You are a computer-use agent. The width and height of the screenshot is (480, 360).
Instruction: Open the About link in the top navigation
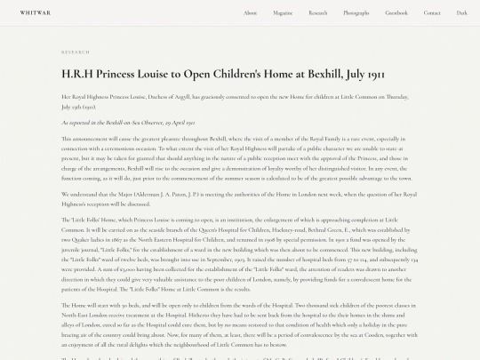coord(251,13)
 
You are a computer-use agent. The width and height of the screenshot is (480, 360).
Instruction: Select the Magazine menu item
coord(283,13)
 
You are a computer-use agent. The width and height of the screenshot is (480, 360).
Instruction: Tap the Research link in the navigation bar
coord(318,13)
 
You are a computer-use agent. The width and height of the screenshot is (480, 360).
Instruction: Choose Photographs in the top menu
coord(356,13)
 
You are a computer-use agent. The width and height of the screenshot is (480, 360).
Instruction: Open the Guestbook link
coord(396,13)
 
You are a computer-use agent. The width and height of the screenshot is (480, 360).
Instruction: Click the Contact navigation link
coord(432,13)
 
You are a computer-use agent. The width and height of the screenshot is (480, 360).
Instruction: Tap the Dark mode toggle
coord(461,13)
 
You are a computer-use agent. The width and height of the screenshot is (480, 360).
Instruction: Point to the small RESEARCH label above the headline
coord(76,52)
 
